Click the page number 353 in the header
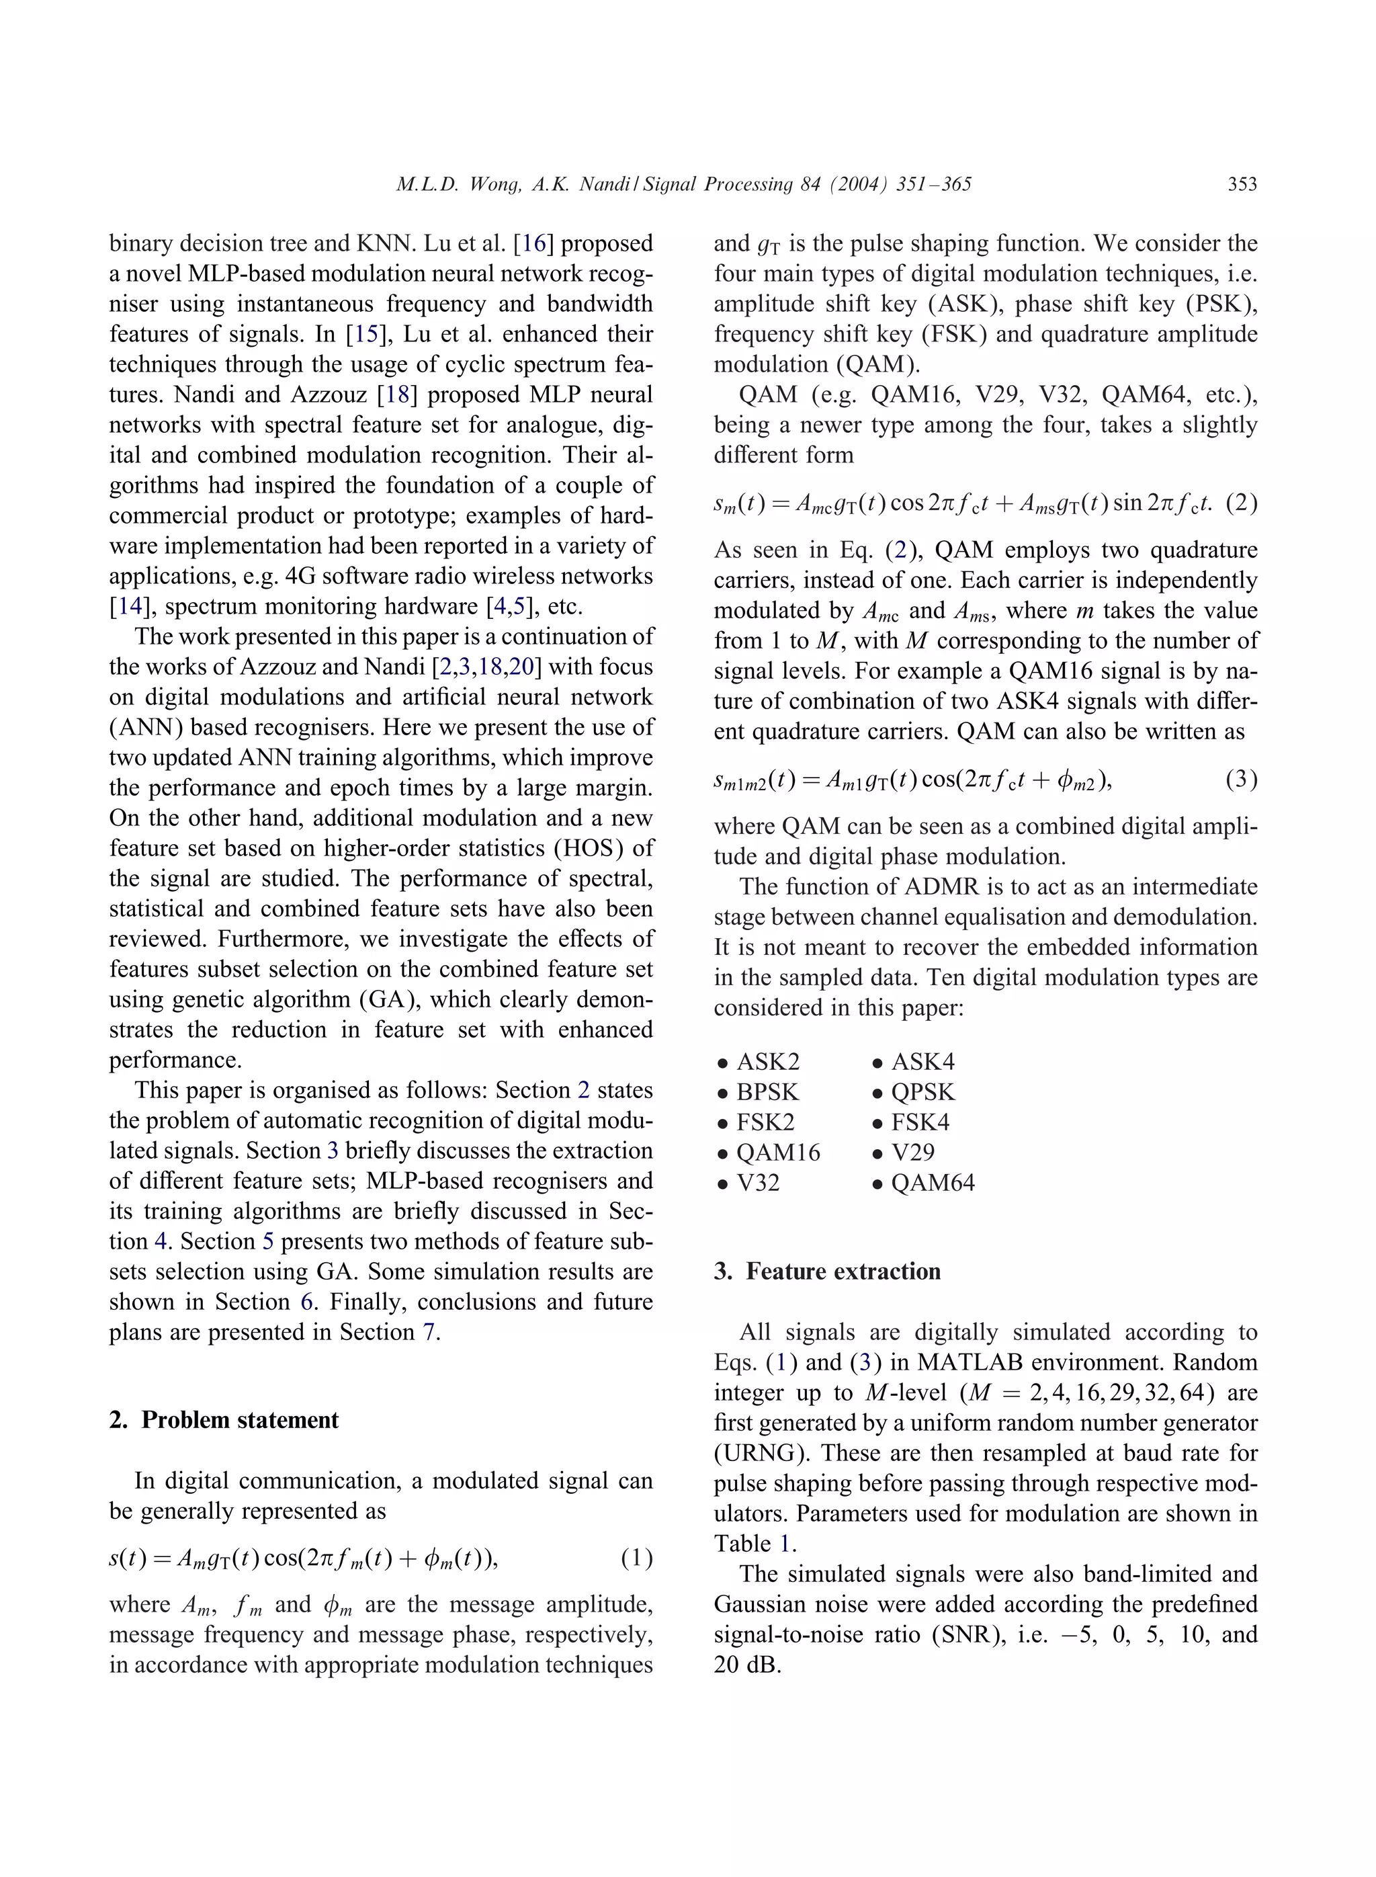click(1241, 184)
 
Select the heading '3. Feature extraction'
click(828, 1271)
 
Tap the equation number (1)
click(636, 1558)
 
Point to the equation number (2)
click(1241, 503)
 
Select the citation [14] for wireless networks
click(131, 606)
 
